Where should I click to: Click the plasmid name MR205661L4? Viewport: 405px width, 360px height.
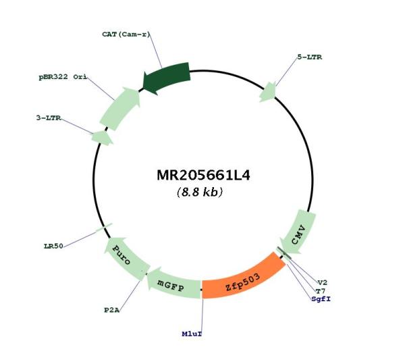[203, 175]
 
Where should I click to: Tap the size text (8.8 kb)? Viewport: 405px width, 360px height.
[200, 192]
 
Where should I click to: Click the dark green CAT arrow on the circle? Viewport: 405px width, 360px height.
[166, 77]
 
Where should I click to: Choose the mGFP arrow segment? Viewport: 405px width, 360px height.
[173, 284]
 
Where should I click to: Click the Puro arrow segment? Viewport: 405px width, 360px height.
[126, 259]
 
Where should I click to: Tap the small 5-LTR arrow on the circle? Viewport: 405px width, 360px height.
[268, 92]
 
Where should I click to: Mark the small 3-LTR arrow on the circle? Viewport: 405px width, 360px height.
[102, 137]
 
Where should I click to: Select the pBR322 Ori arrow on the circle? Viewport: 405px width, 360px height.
[120, 108]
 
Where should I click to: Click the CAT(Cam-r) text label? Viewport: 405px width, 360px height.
[126, 34]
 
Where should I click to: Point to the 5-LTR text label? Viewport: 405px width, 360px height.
[310, 57]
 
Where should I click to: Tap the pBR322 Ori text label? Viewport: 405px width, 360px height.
[63, 77]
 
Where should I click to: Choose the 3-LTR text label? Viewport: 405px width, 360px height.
[49, 118]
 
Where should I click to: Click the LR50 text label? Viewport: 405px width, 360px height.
[53, 246]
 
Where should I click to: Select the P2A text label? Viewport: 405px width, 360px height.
[112, 310]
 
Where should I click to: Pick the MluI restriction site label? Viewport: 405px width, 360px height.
[192, 334]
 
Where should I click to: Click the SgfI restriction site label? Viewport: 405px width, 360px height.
[321, 299]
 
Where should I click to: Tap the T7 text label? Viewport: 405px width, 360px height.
[321, 291]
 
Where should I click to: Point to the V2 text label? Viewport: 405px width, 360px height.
[323, 283]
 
